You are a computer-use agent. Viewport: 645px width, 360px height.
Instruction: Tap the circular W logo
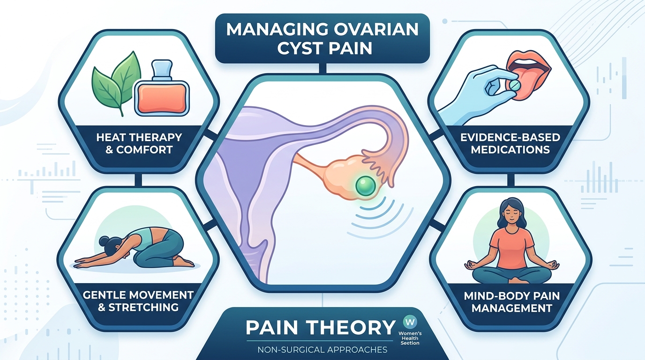tap(409, 323)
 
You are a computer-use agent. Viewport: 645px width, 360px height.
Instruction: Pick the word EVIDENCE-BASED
tap(510, 137)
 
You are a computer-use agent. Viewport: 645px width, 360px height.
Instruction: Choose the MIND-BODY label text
tap(502, 296)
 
